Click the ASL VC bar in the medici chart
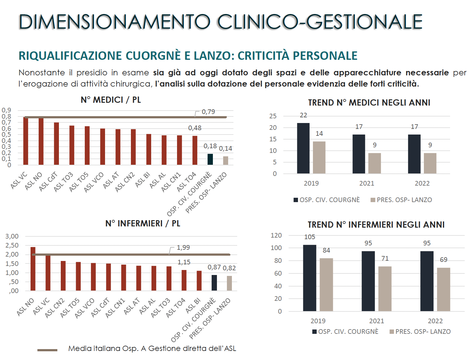[x=26, y=141]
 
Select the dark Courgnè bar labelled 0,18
[x=210, y=159]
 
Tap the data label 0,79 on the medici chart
[x=208, y=112]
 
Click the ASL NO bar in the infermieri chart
[x=33, y=269]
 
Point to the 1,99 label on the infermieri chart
[x=183, y=248]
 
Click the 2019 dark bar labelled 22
[x=303, y=148]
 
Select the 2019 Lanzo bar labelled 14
[x=319, y=158]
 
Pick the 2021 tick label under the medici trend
[x=367, y=183]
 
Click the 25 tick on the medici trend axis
[x=273, y=116]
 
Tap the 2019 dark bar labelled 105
[x=309, y=278]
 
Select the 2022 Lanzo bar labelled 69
[x=444, y=289]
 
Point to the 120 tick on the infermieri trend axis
[x=276, y=235]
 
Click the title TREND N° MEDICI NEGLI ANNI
[x=369, y=103]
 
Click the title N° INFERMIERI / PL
[x=142, y=224]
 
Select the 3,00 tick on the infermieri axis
[x=12, y=236]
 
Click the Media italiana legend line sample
[x=47, y=350]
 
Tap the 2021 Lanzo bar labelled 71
[x=385, y=289]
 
